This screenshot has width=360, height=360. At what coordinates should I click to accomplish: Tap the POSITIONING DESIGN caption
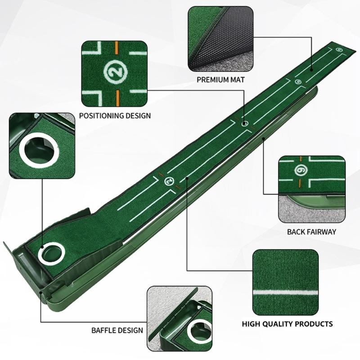115,115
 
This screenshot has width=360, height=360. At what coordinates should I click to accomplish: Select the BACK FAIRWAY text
312,232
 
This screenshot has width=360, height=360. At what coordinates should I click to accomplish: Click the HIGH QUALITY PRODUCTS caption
288,324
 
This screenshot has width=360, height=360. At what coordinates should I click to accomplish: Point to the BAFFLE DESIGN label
117,330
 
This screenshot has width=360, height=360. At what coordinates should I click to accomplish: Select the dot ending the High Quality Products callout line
187,185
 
